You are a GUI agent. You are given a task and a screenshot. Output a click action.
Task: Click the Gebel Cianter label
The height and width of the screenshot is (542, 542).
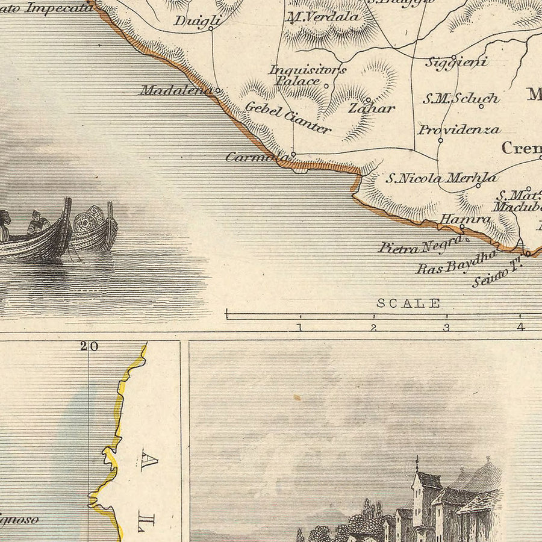[x=287, y=118]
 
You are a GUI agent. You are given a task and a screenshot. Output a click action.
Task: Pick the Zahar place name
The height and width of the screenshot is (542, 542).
[x=371, y=109]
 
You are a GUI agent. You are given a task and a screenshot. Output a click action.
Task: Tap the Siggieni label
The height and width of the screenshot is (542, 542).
[x=456, y=61]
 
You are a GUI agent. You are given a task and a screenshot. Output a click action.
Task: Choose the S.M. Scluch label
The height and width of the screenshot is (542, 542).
[x=460, y=98]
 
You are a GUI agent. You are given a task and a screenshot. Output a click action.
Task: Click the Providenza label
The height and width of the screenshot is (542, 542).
[x=459, y=129]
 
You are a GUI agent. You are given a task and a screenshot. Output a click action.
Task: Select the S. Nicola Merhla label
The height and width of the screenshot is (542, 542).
[x=441, y=178]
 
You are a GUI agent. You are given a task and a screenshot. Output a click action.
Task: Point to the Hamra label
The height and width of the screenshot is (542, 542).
[x=464, y=219]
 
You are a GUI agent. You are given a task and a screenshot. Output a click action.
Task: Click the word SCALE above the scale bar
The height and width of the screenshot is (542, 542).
[x=408, y=304]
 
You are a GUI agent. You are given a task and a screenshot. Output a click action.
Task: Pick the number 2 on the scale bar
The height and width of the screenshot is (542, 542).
[x=373, y=328]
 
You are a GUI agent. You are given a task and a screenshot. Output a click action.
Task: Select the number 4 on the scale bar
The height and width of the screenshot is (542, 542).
[x=520, y=328]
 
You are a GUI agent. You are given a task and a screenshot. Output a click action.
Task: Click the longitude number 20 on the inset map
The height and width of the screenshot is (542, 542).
[x=89, y=346]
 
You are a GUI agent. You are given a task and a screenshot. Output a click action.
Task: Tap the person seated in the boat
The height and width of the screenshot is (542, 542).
[x=39, y=223]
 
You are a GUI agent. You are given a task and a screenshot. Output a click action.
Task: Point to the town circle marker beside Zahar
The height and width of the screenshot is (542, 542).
[x=367, y=100]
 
